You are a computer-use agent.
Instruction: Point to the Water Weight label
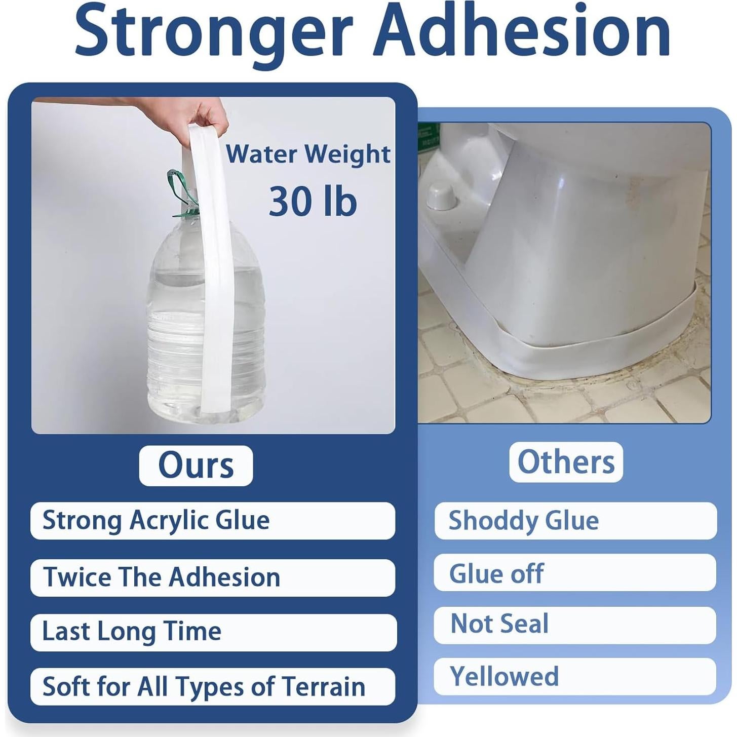point(308,154)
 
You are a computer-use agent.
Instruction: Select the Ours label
point(196,466)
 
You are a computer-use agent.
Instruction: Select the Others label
point(566,461)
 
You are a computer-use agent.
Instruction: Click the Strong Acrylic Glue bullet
point(156,521)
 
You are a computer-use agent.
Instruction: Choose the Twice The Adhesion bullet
point(162,577)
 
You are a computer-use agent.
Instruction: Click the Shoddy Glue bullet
point(524,521)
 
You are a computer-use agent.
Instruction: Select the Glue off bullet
point(496,574)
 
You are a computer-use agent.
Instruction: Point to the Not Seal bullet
point(499,624)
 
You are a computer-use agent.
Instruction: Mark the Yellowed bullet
point(505,676)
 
